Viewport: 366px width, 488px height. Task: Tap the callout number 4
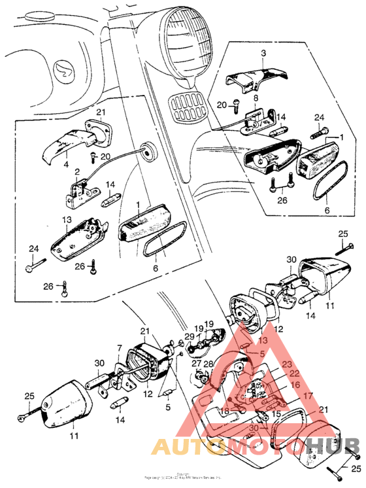pyautogui.click(x=67, y=166)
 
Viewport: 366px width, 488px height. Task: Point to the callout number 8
pyautogui.click(x=257, y=97)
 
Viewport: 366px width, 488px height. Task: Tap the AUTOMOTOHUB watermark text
pyautogui.click(x=255, y=449)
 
